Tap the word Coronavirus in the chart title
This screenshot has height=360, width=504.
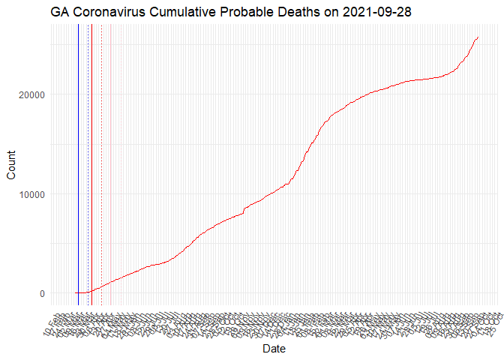109,13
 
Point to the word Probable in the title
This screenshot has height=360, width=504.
247,13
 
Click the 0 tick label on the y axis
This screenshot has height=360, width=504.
41,293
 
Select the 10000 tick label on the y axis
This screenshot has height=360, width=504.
31,194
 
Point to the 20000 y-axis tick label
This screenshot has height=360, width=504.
31,94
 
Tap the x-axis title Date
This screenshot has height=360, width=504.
273,349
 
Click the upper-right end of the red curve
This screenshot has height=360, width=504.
478,37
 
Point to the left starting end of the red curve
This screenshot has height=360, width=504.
75,293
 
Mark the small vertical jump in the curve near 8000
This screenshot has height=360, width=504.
244,211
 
